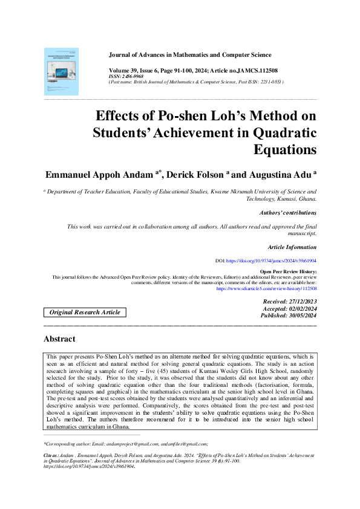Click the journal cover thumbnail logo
[x=61, y=71]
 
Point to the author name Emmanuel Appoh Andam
[x=100, y=175]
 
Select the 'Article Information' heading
[x=292, y=247]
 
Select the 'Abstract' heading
[x=60, y=339]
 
